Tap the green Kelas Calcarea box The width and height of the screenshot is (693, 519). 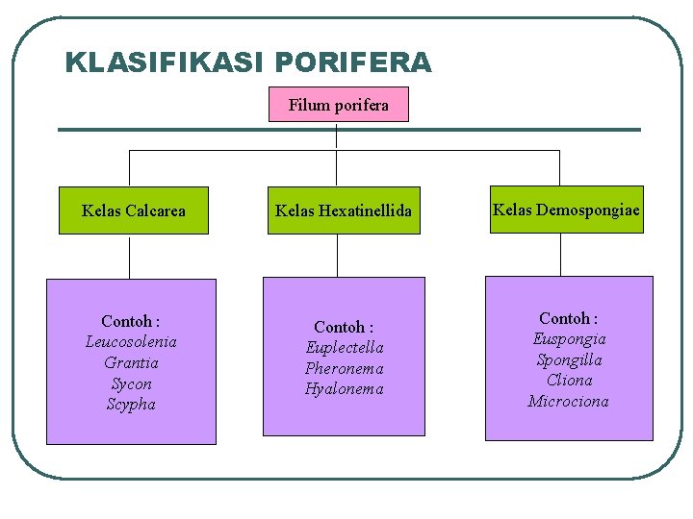[x=134, y=210]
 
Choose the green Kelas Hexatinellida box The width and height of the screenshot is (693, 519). [x=343, y=210]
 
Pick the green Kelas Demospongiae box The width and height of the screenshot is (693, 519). [x=566, y=210]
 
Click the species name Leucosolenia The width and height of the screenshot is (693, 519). [x=131, y=342]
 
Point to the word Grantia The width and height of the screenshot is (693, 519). [x=131, y=363]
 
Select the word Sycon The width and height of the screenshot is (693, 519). [x=131, y=384]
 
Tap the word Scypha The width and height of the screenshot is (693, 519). [x=131, y=405]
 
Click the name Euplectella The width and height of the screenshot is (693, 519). [x=344, y=348]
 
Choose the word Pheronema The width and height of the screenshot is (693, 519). [x=344, y=369]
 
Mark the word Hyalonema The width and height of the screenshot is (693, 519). [x=344, y=389]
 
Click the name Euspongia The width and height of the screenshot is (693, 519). [x=569, y=339]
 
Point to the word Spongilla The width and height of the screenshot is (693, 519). [x=569, y=360]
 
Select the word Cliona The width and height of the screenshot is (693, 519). [x=569, y=381]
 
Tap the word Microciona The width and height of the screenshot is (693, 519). [x=569, y=402]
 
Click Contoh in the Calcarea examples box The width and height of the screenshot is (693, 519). [x=126, y=321]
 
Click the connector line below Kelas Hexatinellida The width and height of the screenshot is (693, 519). [x=337, y=256]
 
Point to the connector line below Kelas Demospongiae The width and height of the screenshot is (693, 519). [x=560, y=255]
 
